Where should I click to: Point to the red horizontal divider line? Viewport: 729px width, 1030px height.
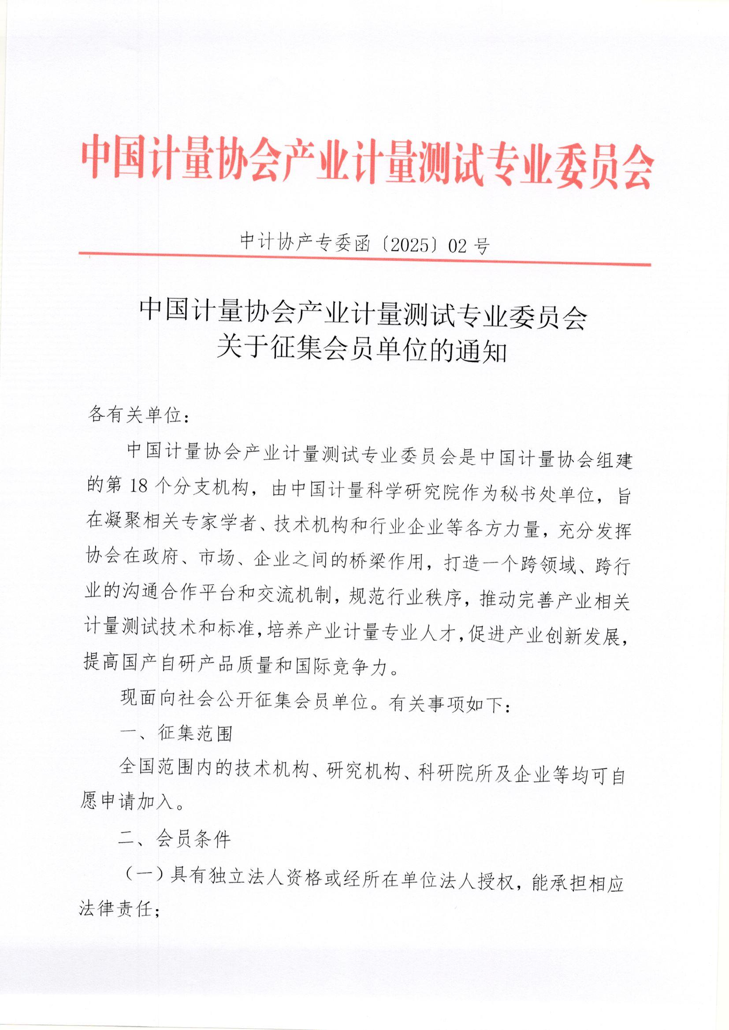pos(364,259)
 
